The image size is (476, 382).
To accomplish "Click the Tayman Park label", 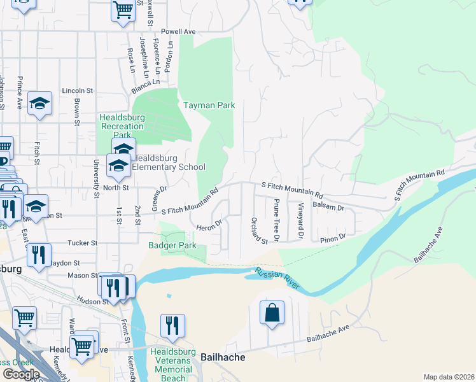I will point(209,105).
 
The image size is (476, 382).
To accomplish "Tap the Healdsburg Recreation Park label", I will point(122,127).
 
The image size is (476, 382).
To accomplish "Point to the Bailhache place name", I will point(223,357).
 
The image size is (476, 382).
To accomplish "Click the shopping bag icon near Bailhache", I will point(272,313).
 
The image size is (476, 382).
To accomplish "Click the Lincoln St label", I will point(78,91).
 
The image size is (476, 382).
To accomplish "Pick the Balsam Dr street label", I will point(330,208).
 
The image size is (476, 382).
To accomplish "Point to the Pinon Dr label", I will point(332,237).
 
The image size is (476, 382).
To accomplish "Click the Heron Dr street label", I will point(208,225).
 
